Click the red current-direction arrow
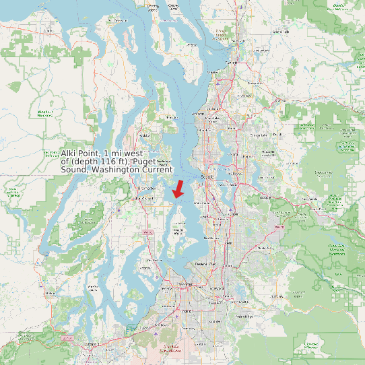pyautogui.click(x=178, y=189)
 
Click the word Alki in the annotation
pyautogui.click(x=70, y=154)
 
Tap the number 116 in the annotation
pyautogui.click(x=108, y=162)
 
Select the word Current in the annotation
pyautogui.click(x=156, y=170)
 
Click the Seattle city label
pyautogui.click(x=206, y=177)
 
